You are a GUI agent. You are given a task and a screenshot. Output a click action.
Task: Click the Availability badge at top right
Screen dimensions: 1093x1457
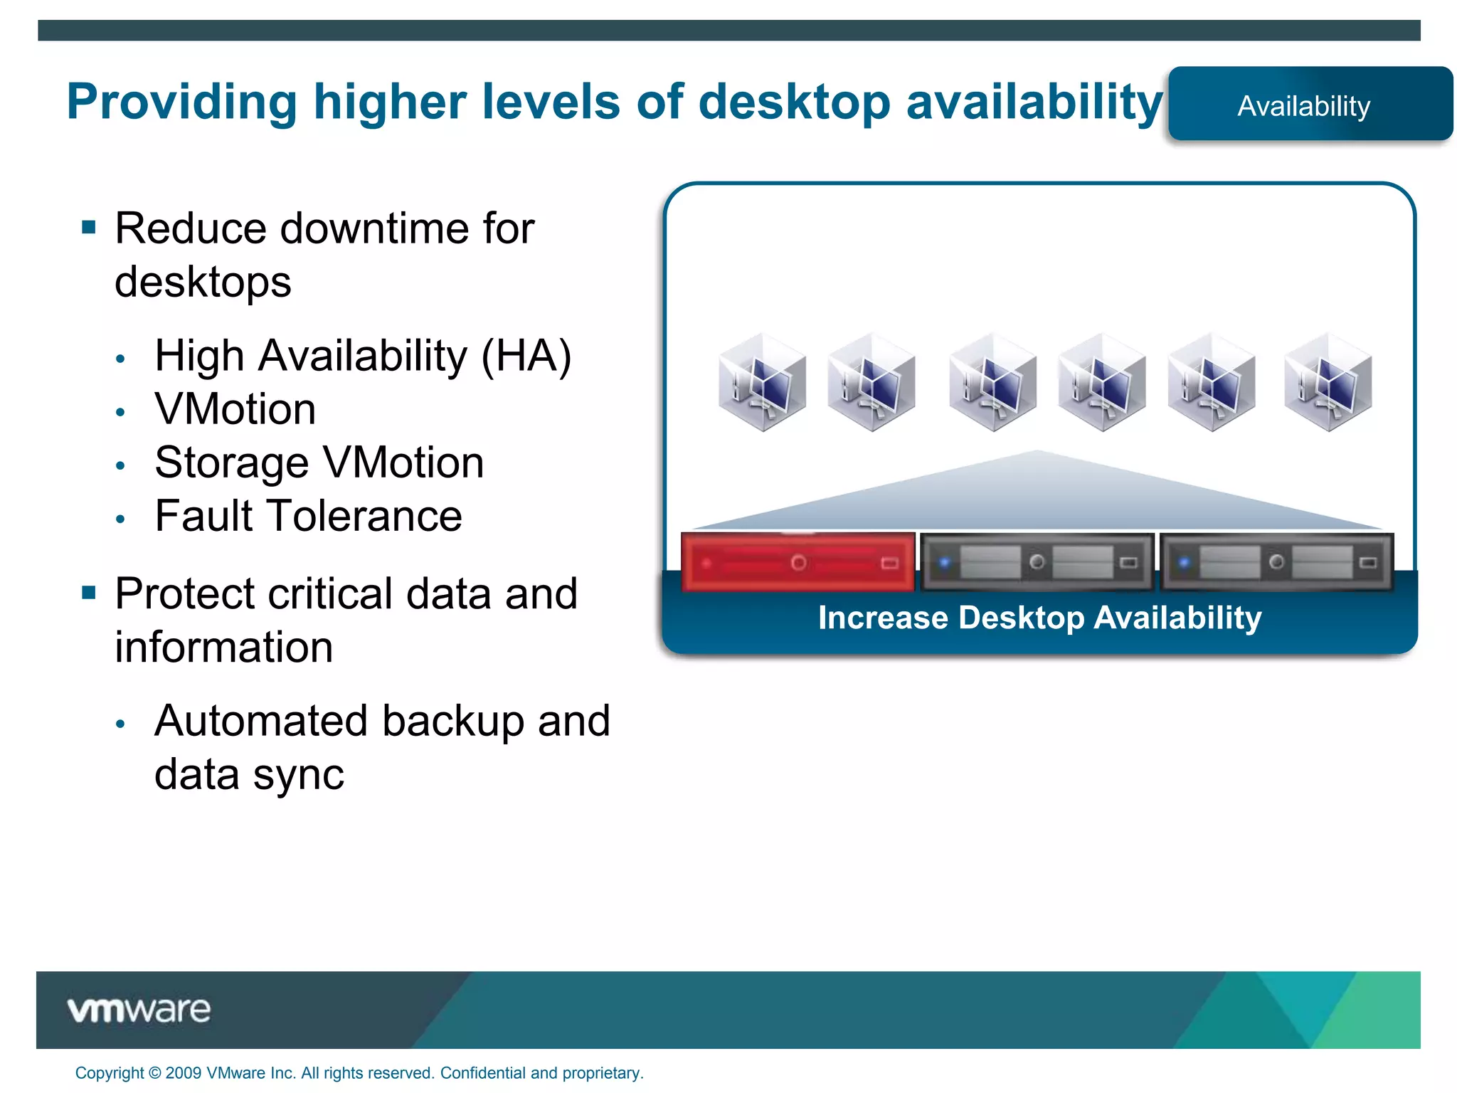coord(1309,105)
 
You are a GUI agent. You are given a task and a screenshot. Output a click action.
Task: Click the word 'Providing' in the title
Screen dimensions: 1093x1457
coord(181,102)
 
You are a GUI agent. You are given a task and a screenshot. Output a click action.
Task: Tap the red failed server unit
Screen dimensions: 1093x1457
coord(798,562)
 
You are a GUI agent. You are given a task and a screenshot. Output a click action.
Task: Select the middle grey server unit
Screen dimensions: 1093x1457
coord(1037,562)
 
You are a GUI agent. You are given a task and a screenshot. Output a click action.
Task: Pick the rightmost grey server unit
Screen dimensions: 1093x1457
coord(1276,562)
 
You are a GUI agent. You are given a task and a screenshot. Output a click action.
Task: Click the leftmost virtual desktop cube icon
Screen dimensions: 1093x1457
coord(762,383)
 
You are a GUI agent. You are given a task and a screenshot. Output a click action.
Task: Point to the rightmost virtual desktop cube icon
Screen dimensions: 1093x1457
coord(1328,383)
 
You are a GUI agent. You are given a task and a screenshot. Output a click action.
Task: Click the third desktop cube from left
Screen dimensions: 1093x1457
coord(992,383)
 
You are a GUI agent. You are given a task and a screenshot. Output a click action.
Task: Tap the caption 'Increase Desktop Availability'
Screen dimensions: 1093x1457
coord(1039,618)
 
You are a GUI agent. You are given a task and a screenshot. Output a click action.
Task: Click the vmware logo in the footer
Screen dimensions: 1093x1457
coord(139,1010)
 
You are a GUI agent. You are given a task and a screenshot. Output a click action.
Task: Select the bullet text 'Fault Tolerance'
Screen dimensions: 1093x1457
coord(308,516)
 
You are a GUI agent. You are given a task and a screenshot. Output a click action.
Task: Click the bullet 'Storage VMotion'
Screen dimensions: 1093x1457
coord(319,463)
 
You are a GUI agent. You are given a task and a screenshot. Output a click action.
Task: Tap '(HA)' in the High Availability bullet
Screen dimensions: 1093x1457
coord(526,356)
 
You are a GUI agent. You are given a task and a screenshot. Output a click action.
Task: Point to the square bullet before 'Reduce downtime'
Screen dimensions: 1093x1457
coord(89,228)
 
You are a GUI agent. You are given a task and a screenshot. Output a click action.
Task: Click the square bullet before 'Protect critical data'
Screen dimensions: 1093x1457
coord(89,593)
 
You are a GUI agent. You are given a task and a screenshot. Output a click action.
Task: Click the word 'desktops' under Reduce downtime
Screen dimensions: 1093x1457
coord(203,282)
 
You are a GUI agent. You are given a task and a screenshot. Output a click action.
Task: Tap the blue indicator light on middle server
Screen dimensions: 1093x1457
coord(945,563)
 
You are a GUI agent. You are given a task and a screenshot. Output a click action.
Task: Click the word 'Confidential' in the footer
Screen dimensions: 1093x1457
coord(483,1073)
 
